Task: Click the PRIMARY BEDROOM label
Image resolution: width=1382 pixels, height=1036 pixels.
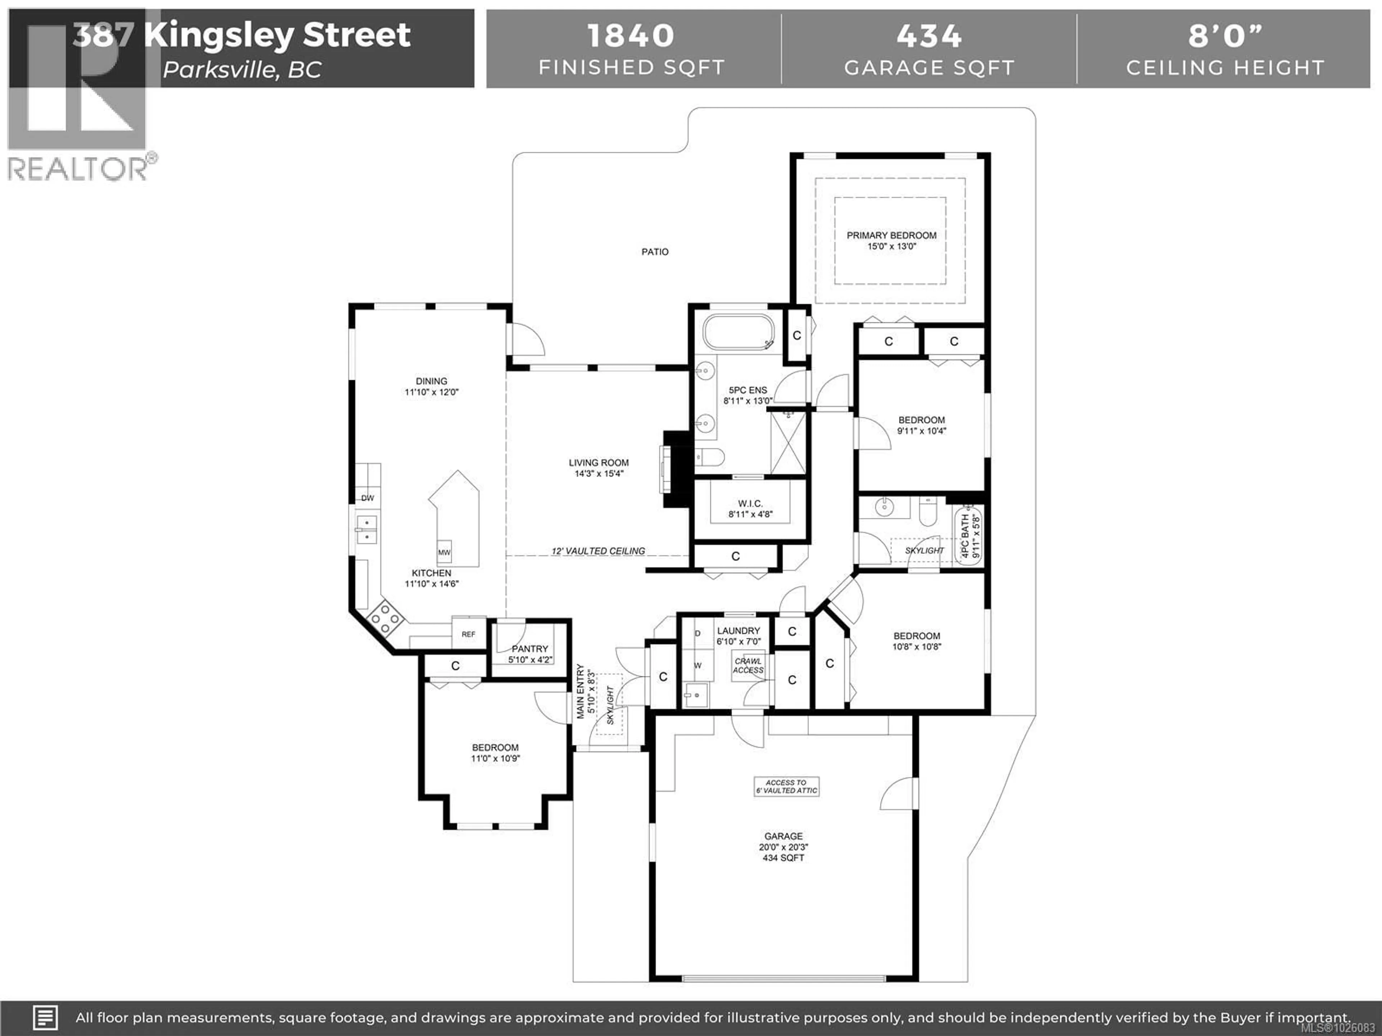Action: coord(891,235)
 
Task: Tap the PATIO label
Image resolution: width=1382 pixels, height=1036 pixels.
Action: coord(655,252)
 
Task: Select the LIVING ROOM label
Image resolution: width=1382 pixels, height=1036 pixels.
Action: coord(599,463)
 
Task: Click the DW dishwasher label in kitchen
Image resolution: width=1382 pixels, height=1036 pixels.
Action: coord(367,498)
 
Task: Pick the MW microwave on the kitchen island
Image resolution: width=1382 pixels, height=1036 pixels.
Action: coord(444,552)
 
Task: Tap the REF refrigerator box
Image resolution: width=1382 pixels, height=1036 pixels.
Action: coord(469,634)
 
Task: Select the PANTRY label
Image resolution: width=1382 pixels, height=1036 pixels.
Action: coord(530,649)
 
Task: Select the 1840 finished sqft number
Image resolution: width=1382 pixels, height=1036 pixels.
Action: coord(631,36)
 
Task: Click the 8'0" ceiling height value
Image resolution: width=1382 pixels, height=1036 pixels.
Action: coord(1225,36)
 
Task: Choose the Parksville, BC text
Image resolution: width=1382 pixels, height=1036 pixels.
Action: coord(243,69)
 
